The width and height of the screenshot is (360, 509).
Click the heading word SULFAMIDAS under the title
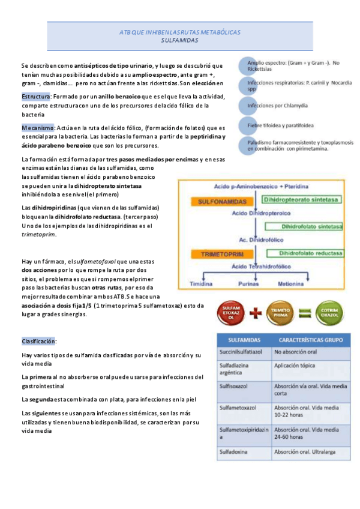click(x=179, y=40)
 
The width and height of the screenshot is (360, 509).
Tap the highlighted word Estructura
click(x=36, y=96)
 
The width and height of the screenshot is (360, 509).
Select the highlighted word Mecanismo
click(x=38, y=127)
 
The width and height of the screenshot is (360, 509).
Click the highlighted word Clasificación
click(x=38, y=341)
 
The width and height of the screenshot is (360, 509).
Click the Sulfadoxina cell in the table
click(x=236, y=451)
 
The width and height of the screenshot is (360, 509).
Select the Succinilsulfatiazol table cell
click(x=243, y=351)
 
